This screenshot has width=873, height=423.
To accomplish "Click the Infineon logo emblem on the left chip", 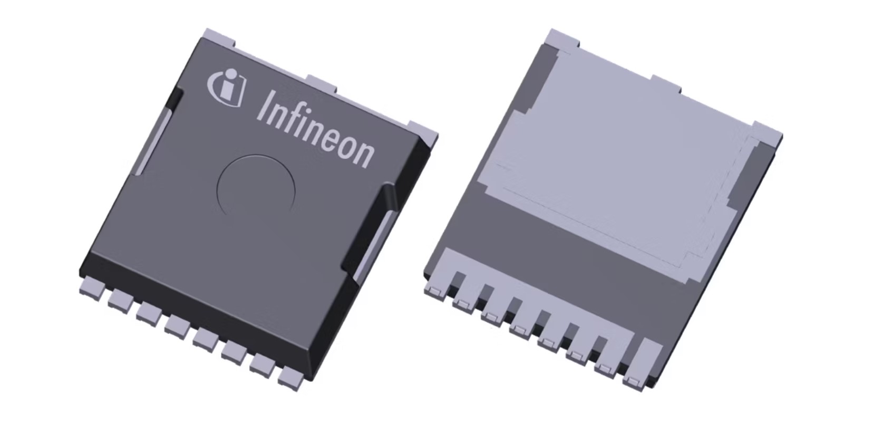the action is point(227,88).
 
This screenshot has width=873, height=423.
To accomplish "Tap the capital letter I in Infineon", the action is point(266,107).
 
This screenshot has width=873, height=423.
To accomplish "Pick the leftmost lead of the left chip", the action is point(92,287).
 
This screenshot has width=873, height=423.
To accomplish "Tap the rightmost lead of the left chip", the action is point(292,378).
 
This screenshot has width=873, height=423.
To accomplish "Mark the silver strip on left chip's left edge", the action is point(154,140).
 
